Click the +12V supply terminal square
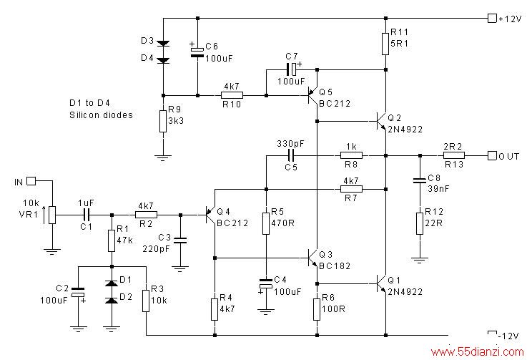point(492,18)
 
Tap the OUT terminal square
point(492,155)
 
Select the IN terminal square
point(31,181)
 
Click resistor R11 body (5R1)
point(385,44)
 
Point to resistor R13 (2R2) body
point(454,155)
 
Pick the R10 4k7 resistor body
point(232,96)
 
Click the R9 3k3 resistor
point(163,121)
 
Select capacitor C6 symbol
point(197,52)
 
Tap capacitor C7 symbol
point(292,69)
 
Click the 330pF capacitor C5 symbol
point(291,155)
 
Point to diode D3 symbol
point(163,44)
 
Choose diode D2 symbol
point(112,300)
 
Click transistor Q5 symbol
point(312,96)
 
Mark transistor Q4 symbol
point(210,215)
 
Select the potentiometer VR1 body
point(52,215)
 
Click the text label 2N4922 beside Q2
point(405,130)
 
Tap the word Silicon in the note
point(84,115)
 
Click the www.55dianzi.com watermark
point(477,352)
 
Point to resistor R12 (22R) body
point(420,223)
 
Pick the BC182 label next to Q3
point(335,266)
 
